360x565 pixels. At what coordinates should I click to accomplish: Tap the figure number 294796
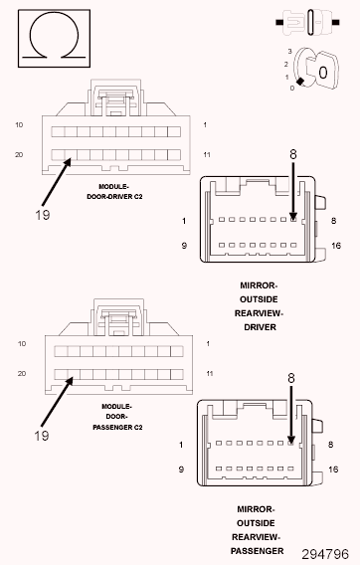pyautogui.click(x=325, y=554)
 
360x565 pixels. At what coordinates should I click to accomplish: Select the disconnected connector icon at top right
pyautogui.click(x=307, y=22)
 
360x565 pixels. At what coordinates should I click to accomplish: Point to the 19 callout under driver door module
pyautogui.click(x=43, y=215)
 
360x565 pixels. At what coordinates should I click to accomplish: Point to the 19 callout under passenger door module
pyautogui.click(x=42, y=436)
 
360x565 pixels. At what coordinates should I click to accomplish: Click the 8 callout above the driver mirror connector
pyautogui.click(x=293, y=154)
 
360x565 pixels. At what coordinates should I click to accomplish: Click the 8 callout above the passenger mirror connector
pyautogui.click(x=291, y=378)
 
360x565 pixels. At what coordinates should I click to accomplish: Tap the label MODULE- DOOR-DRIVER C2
pyautogui.click(x=114, y=192)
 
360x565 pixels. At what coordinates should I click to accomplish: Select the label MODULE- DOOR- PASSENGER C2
pyautogui.click(x=117, y=417)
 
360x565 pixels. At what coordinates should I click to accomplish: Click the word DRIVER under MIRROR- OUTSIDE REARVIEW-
pyautogui.click(x=260, y=327)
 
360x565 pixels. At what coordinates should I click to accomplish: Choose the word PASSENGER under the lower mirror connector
pyautogui.click(x=257, y=551)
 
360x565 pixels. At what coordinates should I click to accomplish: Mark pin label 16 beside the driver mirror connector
pyautogui.click(x=336, y=246)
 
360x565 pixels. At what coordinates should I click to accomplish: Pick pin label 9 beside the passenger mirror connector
pyautogui.click(x=181, y=470)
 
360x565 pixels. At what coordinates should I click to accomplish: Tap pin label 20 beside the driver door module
pyautogui.click(x=19, y=155)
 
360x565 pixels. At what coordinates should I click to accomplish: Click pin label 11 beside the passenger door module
pyautogui.click(x=210, y=374)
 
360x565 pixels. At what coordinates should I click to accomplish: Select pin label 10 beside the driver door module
pyautogui.click(x=19, y=125)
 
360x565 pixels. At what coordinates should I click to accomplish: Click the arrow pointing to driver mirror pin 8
pyautogui.click(x=293, y=191)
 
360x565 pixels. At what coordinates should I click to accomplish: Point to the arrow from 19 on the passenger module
pyautogui.click(x=57, y=402)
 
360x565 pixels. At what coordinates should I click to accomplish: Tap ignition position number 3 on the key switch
pyautogui.click(x=289, y=52)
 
